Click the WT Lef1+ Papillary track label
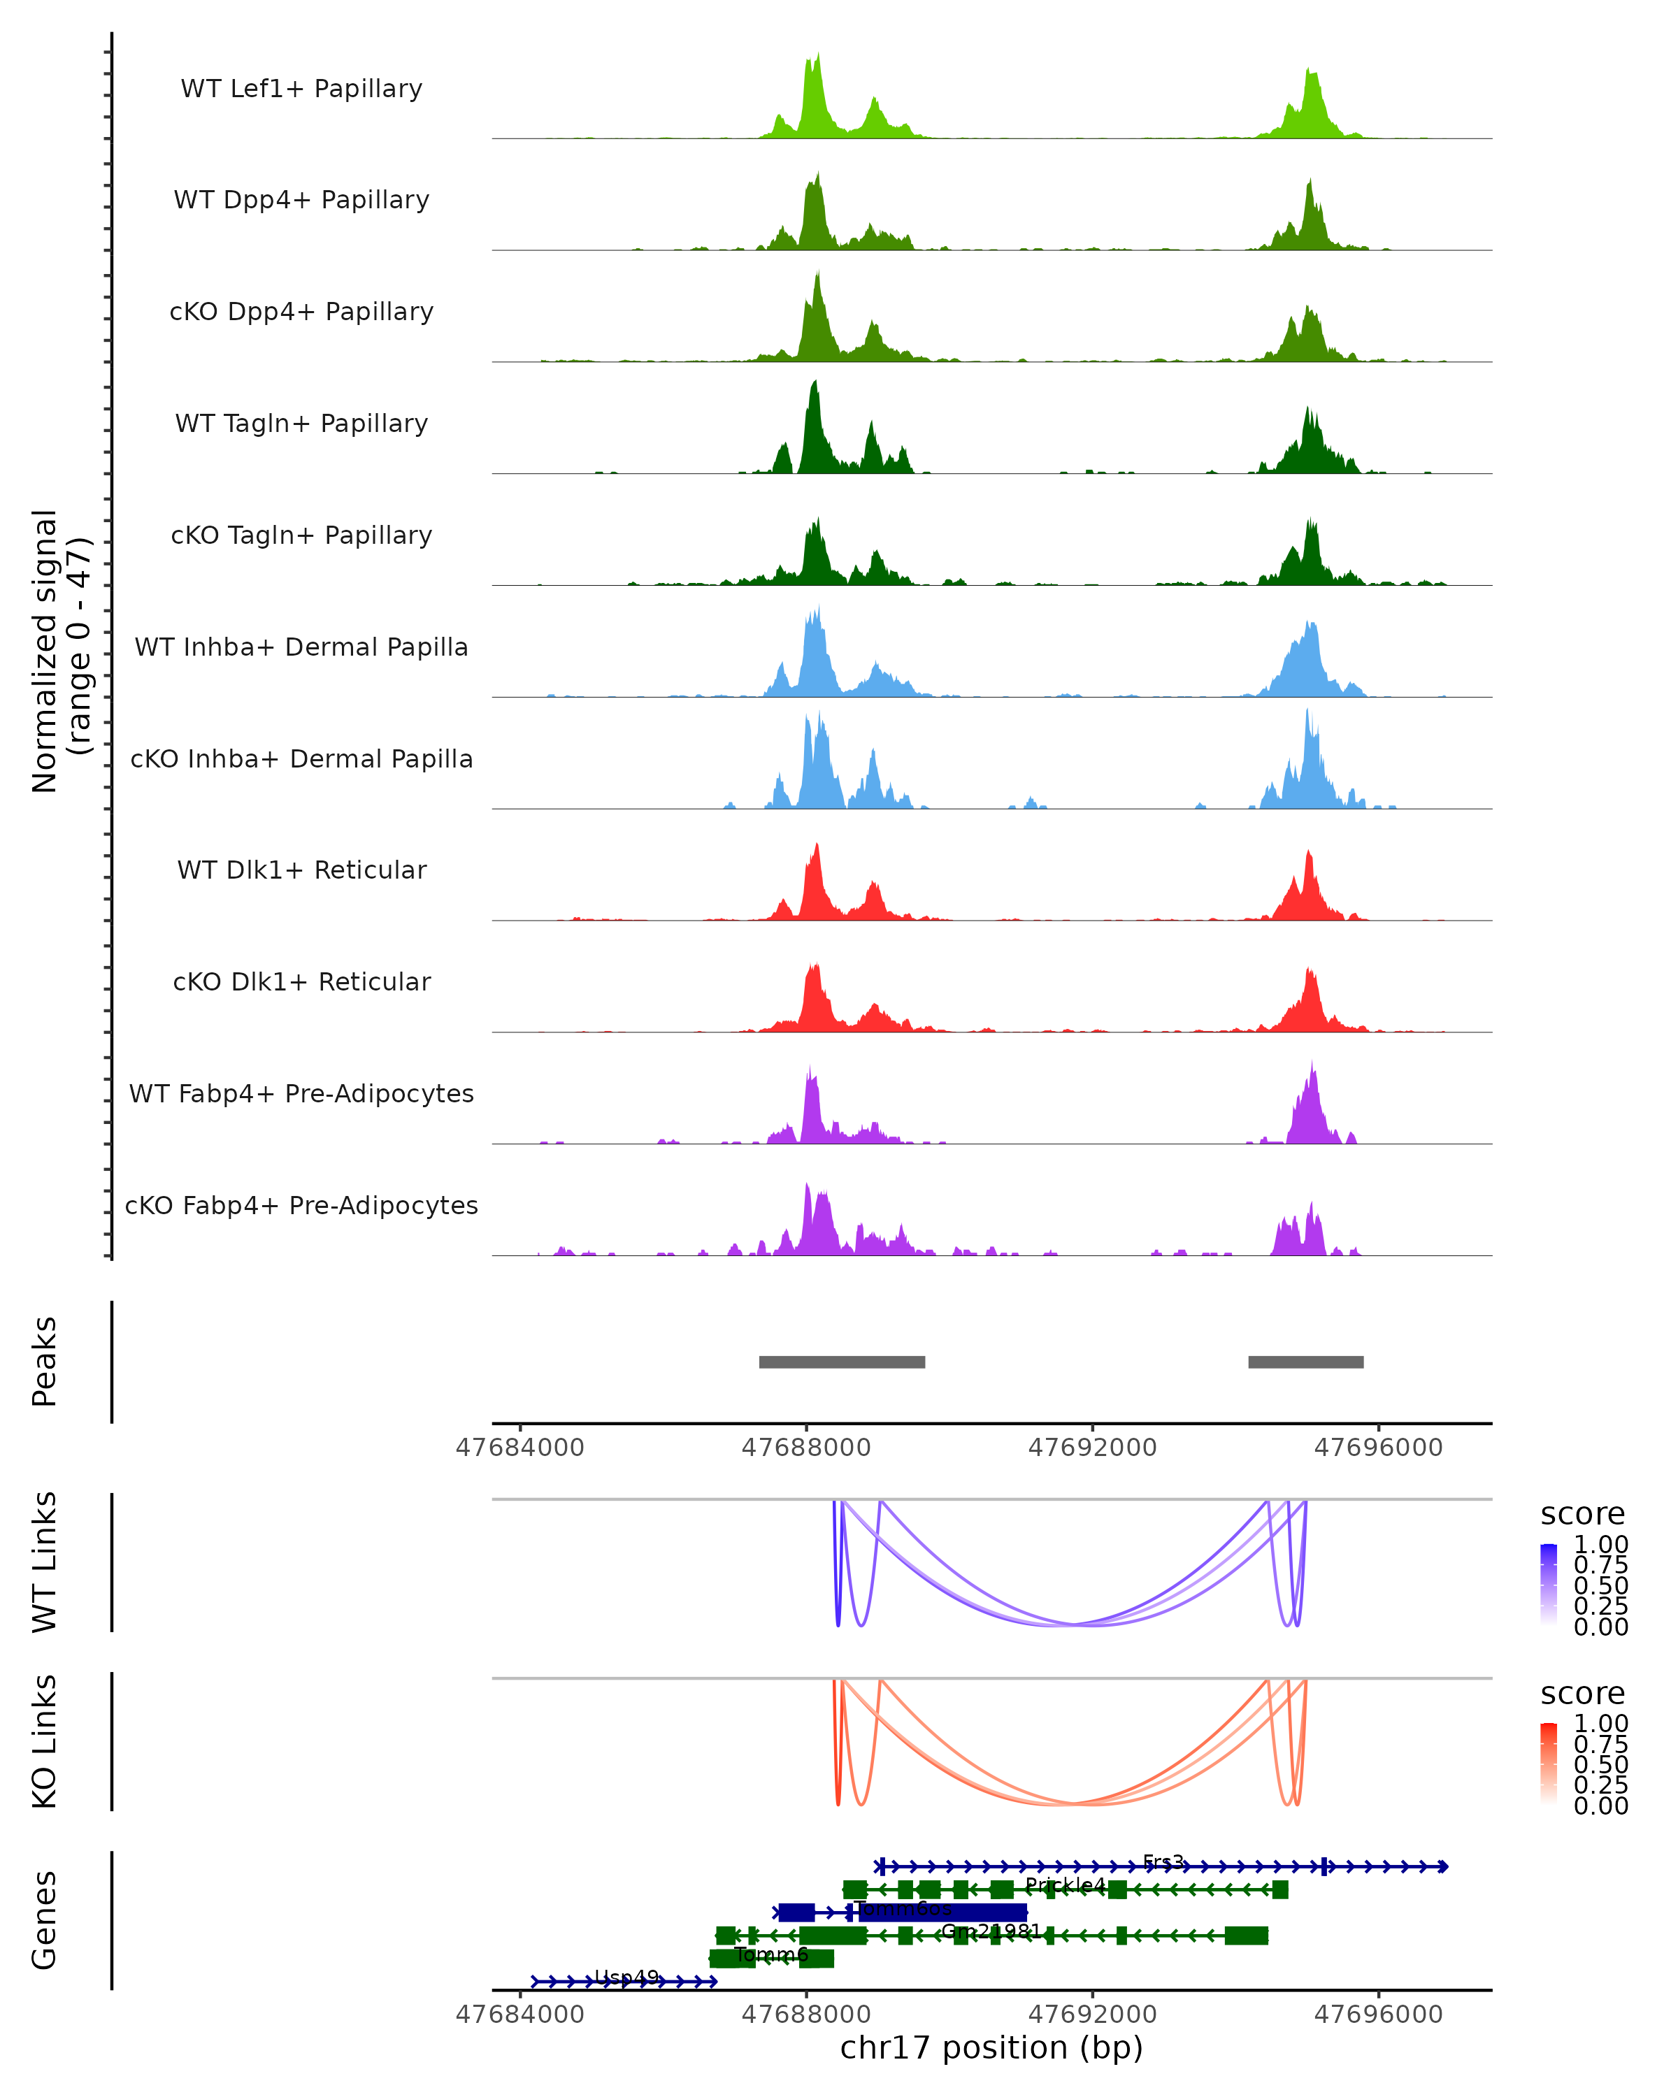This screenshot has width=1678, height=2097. pos(301,89)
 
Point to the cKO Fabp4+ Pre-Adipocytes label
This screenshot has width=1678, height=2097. pos(301,1205)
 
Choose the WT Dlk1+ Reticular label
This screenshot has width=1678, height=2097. pos(301,870)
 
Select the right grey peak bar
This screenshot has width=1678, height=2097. pos(1305,1362)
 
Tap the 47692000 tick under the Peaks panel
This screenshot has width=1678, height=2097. pos(1092,1448)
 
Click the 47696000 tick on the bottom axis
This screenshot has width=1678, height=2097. pos(1378,2015)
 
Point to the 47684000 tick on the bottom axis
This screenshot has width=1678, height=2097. pos(519,2015)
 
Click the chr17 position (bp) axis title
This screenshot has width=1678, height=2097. pos(991,2048)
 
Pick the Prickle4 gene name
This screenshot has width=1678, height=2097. pos(1065,1886)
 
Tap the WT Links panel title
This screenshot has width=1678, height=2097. pos(45,1562)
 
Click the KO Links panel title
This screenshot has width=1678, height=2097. pos(45,1742)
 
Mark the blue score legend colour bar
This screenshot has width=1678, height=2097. pos(1549,1583)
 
